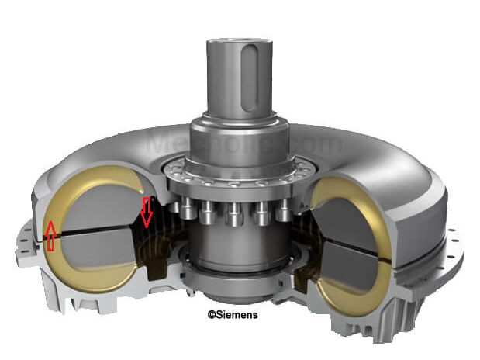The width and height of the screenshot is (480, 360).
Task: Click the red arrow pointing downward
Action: (x=146, y=212)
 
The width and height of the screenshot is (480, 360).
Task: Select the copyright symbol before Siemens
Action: (x=210, y=315)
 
